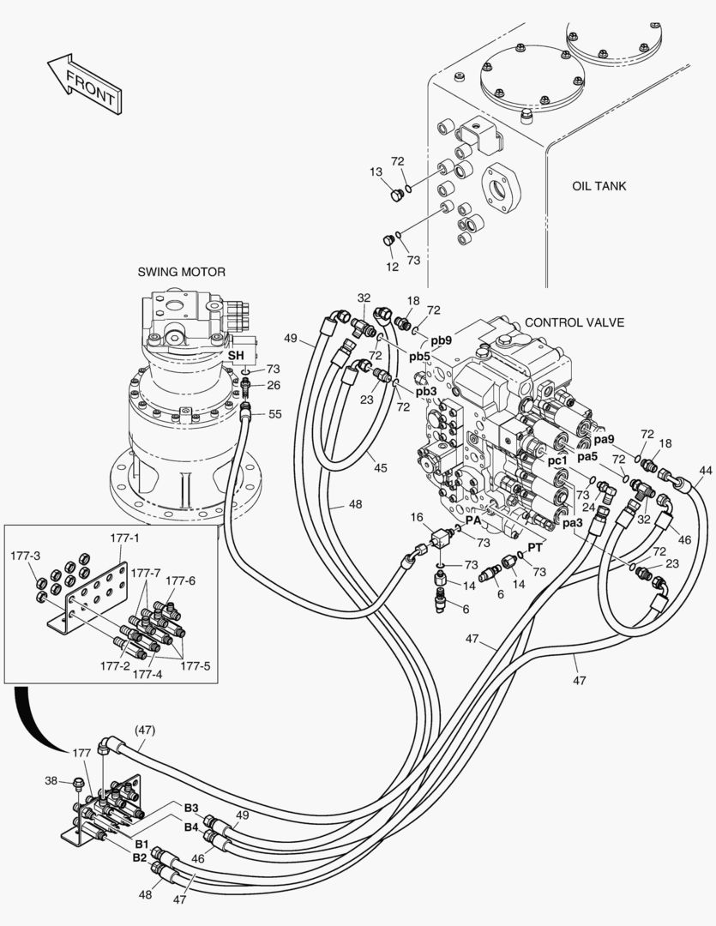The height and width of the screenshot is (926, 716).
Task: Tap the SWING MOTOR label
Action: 182,272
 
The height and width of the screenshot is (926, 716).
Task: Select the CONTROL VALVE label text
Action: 575,322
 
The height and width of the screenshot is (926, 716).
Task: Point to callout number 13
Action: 376,172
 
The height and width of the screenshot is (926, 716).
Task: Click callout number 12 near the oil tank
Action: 392,267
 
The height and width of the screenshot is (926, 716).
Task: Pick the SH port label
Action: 235,354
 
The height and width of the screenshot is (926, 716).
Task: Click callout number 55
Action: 274,413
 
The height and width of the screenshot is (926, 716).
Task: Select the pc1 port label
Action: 557,460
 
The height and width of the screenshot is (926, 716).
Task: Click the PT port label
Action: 534,547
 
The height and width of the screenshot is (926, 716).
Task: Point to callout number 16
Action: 417,518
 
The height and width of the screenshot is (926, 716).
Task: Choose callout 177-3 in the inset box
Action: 26,556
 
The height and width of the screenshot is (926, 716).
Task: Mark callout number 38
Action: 51,780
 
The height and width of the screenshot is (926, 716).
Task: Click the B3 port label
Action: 190,808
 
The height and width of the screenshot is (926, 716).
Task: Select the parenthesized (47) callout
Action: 144,730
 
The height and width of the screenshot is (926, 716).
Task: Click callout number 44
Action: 705,471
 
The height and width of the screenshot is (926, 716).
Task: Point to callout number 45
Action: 380,467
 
